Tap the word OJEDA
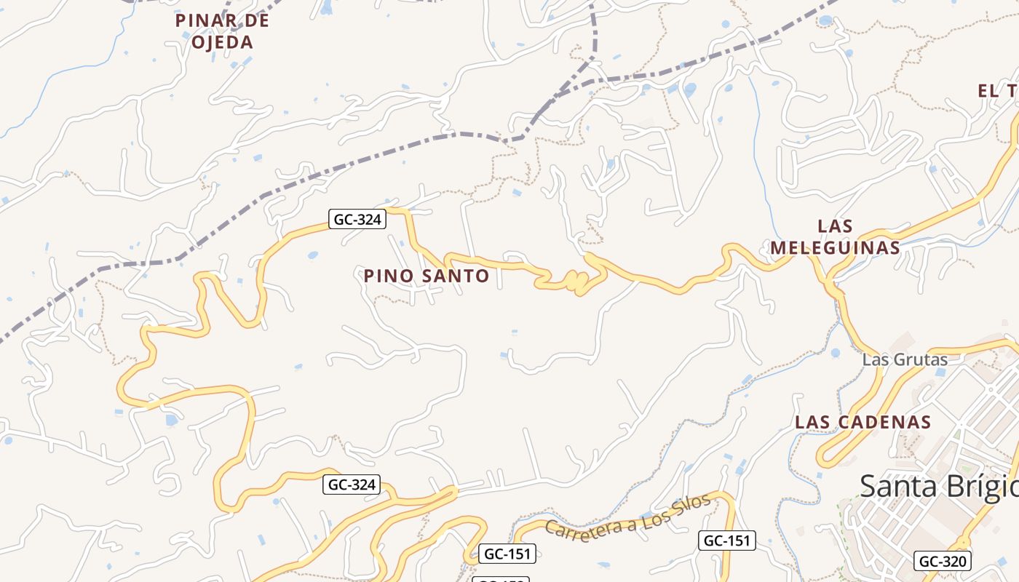pos(222,42)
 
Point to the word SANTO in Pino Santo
pos(456,276)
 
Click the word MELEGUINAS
pos(835,247)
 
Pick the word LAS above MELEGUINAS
pos(835,226)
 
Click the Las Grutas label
pos(905,359)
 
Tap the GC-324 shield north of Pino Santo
pos(357,219)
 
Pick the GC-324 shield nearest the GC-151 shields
pos(352,485)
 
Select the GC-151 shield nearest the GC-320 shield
pos(727,541)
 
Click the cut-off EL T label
pos(998,91)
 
